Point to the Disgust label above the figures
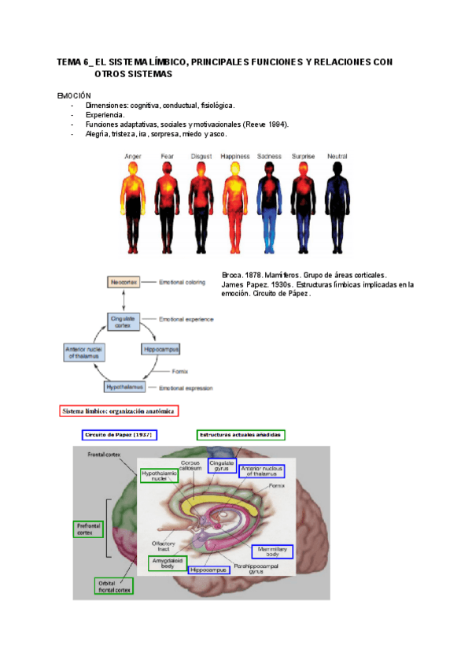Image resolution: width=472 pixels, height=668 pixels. click(201, 157)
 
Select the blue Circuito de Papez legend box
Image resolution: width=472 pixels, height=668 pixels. click(119, 435)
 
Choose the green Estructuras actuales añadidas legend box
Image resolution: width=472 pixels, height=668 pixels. click(241, 435)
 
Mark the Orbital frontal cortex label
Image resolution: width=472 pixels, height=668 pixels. click(113, 584)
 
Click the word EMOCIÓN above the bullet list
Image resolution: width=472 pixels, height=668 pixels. click(75, 95)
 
